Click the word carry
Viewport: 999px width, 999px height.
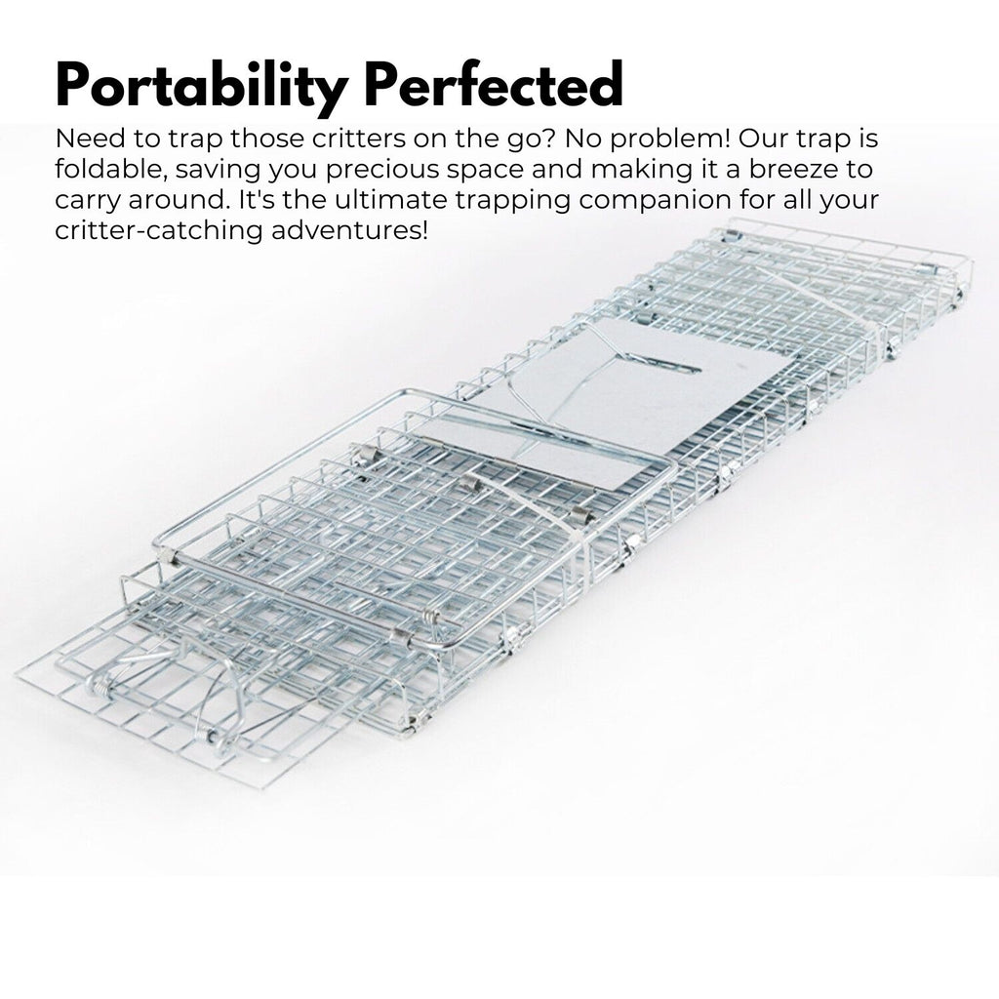[x=84, y=203]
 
